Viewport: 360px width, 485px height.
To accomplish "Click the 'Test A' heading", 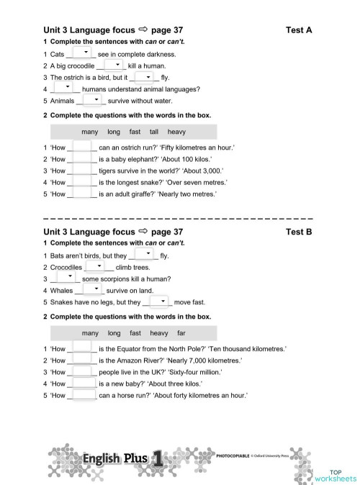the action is click(299, 30).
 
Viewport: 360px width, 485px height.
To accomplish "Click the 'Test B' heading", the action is click(299, 232).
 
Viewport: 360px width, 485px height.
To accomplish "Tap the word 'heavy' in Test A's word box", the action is click(176, 132).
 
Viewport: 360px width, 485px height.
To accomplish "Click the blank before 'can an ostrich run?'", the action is click(84, 148).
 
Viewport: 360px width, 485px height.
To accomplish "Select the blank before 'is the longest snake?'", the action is click(84, 182).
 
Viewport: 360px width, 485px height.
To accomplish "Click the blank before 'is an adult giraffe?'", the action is click(84, 194).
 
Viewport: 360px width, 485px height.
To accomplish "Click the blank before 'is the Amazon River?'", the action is click(84, 360).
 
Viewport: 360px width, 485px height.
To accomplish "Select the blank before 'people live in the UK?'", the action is click(84, 371).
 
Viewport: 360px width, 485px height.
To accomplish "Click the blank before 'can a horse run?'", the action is click(84, 395).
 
